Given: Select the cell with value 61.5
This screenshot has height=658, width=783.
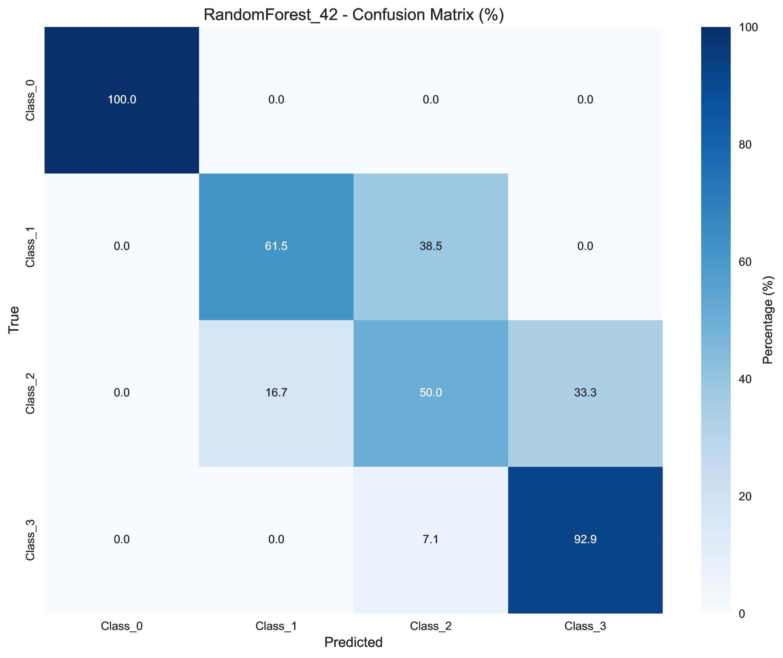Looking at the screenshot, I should pos(276,246).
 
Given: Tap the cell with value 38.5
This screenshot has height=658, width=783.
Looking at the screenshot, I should pos(430,246).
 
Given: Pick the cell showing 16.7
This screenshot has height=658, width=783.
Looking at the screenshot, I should pos(276,393).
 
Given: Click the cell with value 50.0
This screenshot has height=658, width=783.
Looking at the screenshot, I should pos(430,393).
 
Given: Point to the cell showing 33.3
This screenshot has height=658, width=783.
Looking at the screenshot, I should pos(585,393).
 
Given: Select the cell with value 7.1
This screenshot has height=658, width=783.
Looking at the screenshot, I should pos(430,539).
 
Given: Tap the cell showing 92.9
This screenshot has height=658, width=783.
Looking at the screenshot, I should pos(585,539).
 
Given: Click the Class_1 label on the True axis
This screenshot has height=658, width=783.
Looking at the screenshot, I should pos(30,246).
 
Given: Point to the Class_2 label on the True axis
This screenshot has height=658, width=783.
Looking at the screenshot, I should pos(30,393).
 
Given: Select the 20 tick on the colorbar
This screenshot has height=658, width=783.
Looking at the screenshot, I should pos(745,496).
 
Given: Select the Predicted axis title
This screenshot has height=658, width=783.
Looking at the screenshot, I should pos(353,642).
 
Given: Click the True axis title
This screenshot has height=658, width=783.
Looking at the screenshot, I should pos(14,320).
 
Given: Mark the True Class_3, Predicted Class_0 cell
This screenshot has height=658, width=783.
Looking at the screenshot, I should pos(122,539).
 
